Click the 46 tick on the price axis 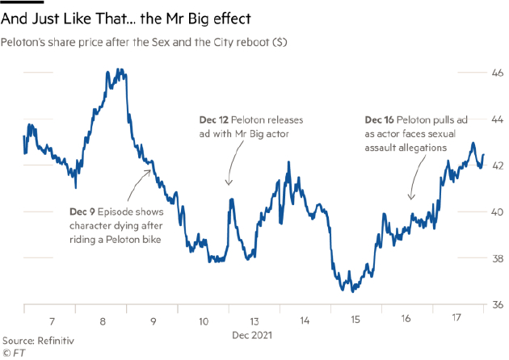(x=490, y=73)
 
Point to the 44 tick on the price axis (x=490, y=119)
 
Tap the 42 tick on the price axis (x=490, y=166)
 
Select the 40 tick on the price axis (x=490, y=212)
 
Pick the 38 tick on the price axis (x=490, y=259)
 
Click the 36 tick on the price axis (x=490, y=305)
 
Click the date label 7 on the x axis (x=53, y=320)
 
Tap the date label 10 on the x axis (x=204, y=320)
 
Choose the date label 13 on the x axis (x=254, y=320)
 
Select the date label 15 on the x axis (x=356, y=320)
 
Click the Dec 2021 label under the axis (x=254, y=334)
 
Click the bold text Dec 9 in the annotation (x=85, y=211)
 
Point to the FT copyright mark (x=13, y=354)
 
